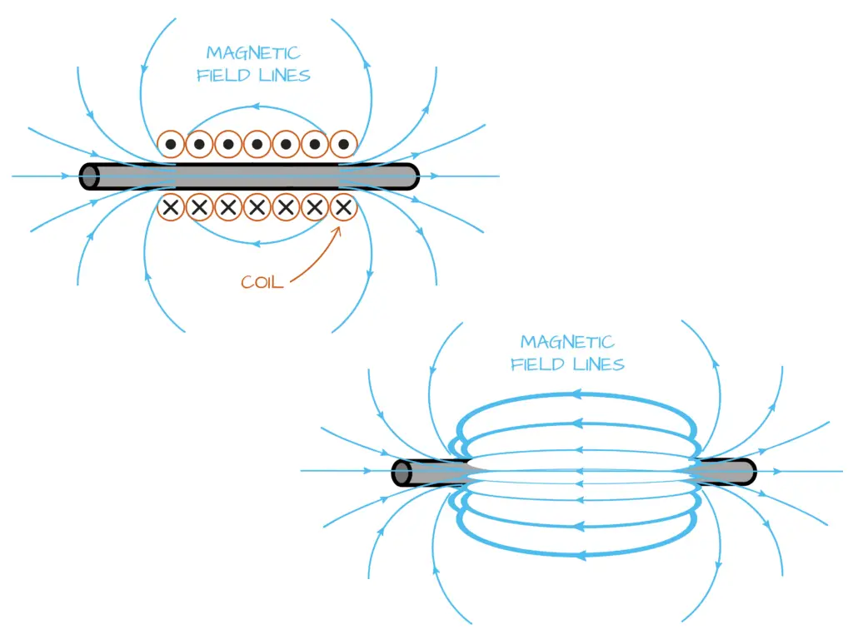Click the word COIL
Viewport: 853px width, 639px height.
tap(262, 282)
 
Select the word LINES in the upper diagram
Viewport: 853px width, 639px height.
tap(282, 75)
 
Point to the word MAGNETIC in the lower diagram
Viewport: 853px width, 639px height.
tap(567, 342)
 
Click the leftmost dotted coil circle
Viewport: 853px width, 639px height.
tap(171, 145)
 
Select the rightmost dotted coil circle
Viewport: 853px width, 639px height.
tap(342, 145)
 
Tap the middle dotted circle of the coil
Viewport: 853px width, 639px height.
tap(257, 145)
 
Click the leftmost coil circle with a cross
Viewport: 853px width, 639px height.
tap(171, 207)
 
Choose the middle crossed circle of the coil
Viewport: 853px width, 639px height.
tap(257, 207)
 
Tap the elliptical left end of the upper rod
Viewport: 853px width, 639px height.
tap(89, 177)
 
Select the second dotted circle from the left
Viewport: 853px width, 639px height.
tap(199, 145)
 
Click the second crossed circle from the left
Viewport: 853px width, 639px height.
tap(199, 207)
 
